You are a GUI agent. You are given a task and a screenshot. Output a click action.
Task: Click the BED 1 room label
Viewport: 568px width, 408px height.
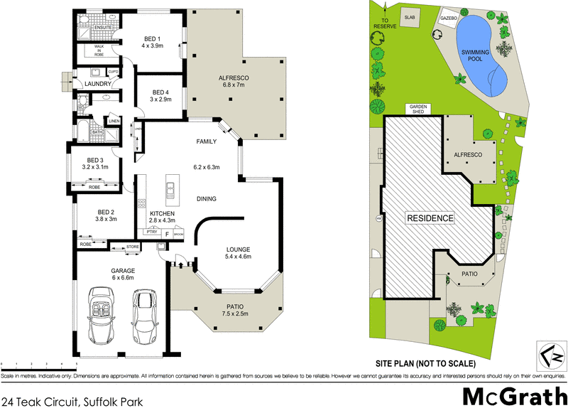tap(151, 41)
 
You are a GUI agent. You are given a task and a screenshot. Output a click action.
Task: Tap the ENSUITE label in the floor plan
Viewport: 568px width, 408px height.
tap(94, 27)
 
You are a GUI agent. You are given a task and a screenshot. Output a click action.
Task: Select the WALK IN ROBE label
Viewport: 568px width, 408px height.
tap(94, 50)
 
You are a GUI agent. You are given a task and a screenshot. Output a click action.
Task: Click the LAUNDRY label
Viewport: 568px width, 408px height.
tap(97, 84)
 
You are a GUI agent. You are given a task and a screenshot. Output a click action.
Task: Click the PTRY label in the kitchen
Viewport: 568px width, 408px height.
tap(151, 232)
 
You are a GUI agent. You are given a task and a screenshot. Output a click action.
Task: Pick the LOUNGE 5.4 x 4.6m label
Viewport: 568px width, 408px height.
tap(239, 253)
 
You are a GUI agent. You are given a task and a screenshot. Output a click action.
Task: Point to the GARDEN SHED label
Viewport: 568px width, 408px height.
tap(416, 109)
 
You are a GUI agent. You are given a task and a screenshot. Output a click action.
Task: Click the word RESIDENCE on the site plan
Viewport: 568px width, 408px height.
tap(430, 218)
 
